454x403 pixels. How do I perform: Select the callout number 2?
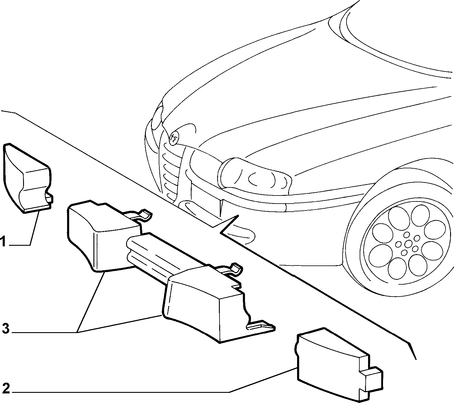(6, 388)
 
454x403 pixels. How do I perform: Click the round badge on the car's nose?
(174, 138)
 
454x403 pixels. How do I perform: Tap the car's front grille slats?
(170, 172)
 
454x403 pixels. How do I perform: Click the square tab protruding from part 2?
(371, 377)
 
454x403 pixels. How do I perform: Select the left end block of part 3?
(103, 235)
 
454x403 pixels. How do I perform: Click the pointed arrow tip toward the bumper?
(238, 215)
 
